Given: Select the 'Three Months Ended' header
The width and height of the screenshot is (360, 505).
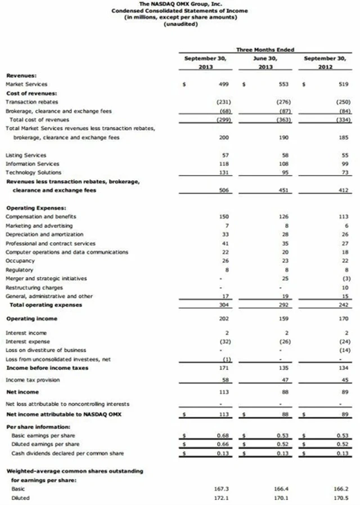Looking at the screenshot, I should tap(265, 50).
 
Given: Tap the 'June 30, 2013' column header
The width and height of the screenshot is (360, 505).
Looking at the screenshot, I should tap(265, 62).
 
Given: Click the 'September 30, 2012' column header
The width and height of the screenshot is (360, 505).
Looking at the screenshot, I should tap(325, 62).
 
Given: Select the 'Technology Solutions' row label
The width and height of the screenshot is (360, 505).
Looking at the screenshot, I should tap(33, 172).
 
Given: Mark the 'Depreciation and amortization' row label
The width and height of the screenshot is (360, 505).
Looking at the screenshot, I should tap(44, 234).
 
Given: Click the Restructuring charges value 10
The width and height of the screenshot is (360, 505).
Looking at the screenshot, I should tap(345, 287).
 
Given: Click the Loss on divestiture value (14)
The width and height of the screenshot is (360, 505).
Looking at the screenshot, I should tap(344, 350).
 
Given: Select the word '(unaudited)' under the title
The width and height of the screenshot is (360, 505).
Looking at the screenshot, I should tap(180, 23).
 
